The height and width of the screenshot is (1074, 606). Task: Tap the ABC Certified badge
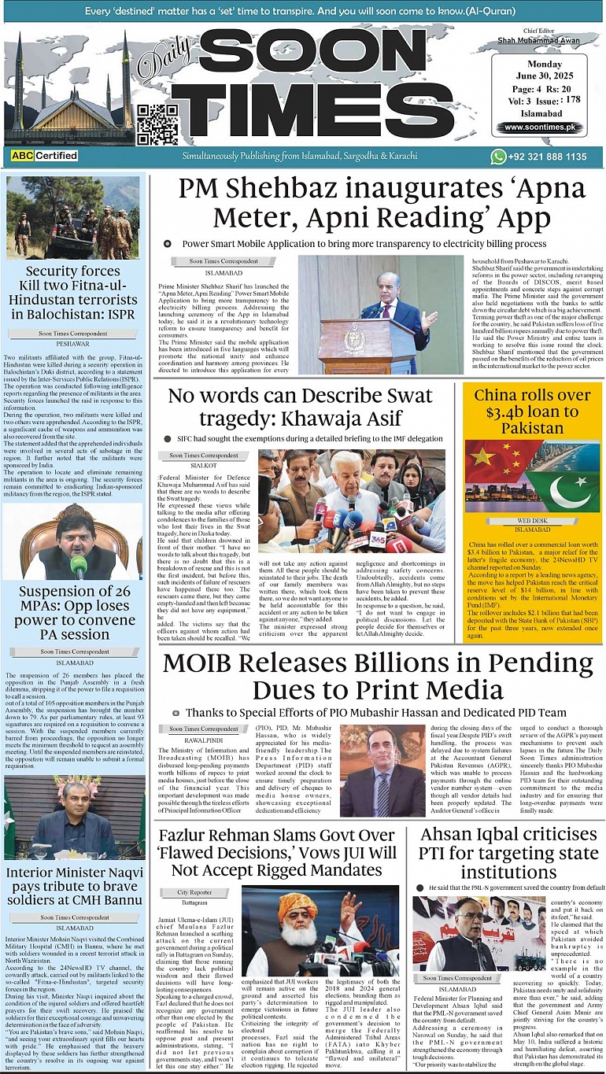coord(44,156)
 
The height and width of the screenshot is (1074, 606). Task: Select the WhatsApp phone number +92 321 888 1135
coord(549,157)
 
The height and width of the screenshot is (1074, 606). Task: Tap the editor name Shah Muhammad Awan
coord(539,39)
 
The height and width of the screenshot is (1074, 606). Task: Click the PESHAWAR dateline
coord(74,345)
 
